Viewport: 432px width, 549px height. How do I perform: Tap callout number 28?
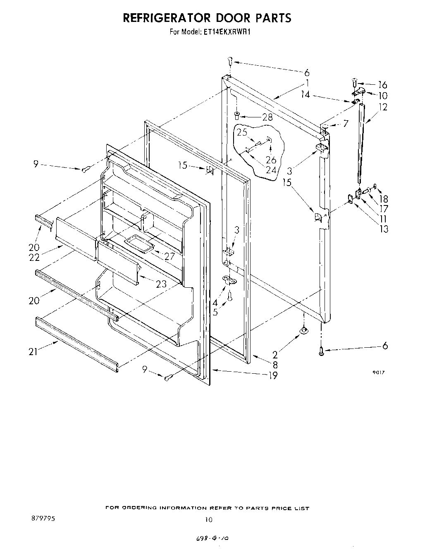click(267, 117)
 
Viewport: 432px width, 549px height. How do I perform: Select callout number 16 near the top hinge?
click(382, 85)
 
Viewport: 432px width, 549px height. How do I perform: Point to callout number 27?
click(169, 256)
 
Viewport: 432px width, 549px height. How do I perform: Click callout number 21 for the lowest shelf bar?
click(33, 351)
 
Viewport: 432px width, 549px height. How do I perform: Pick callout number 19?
click(272, 375)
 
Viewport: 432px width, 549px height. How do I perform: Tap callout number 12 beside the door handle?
click(382, 107)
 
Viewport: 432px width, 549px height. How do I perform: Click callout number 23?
click(161, 284)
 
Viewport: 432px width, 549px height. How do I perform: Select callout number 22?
click(34, 257)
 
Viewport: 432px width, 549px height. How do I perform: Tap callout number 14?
click(305, 95)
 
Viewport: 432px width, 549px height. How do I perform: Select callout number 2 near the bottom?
click(275, 354)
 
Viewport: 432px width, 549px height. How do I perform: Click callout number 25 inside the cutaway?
click(242, 132)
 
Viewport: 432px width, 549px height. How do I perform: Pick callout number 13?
click(384, 229)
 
